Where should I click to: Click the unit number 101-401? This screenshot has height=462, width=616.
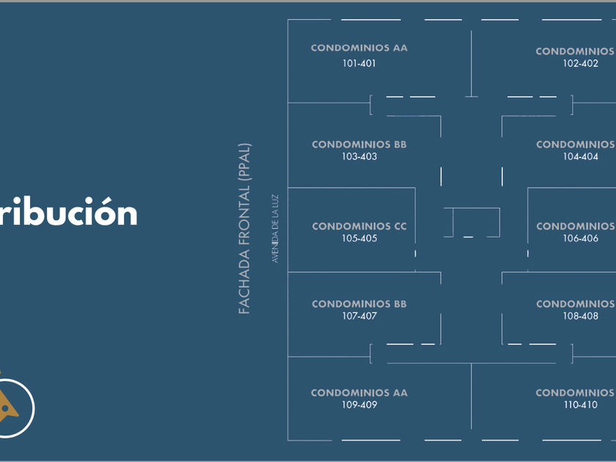point(359,64)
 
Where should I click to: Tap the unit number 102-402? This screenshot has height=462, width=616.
point(581,64)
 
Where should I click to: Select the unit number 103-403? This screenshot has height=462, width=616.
point(359,157)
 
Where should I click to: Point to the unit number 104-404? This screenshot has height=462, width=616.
point(581,157)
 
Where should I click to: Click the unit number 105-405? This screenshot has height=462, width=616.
point(359,239)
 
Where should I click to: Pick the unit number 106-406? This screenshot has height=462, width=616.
point(581,239)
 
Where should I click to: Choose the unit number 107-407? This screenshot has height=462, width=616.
point(359,317)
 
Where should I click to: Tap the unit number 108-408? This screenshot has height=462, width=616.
point(581,317)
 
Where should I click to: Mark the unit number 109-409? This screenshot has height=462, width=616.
point(359,405)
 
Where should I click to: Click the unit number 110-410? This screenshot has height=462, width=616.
point(581,405)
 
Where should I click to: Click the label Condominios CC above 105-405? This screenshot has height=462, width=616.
point(359,227)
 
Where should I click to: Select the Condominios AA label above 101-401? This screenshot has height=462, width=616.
point(359,48)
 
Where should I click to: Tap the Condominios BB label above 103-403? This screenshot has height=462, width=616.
point(359,144)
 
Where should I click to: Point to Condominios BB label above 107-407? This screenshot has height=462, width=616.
point(359,304)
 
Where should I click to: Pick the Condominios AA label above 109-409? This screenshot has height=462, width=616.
point(359,393)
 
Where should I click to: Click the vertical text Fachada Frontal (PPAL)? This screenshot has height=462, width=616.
point(245,229)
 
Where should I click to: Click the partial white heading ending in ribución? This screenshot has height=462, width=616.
point(69,213)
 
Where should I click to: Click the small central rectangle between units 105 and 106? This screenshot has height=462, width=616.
point(472,222)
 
